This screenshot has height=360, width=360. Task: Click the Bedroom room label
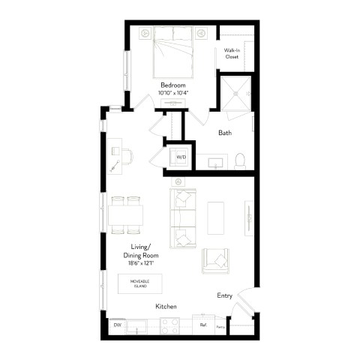(172, 84)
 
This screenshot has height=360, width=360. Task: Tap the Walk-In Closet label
(231, 53)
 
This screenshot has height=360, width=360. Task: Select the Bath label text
(224, 133)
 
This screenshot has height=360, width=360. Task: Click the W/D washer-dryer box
(180, 157)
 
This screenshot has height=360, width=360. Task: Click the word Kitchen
(166, 307)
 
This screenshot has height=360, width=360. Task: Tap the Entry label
(226, 295)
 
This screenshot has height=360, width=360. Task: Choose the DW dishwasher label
(117, 325)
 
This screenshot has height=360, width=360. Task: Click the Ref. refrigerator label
(202, 325)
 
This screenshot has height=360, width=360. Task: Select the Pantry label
(220, 327)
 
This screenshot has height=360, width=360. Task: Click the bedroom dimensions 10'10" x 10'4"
(172, 92)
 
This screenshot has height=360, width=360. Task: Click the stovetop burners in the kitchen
(169, 326)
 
